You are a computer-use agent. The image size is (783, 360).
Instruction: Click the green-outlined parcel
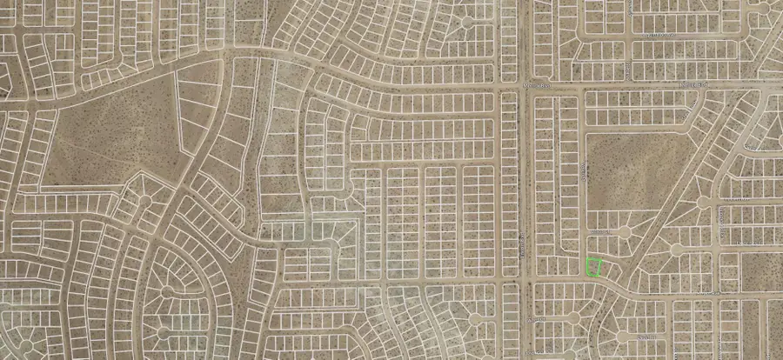[594, 268]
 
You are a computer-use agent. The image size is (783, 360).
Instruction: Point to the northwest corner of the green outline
[587, 260]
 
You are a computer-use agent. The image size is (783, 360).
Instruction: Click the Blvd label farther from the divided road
[696, 85]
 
